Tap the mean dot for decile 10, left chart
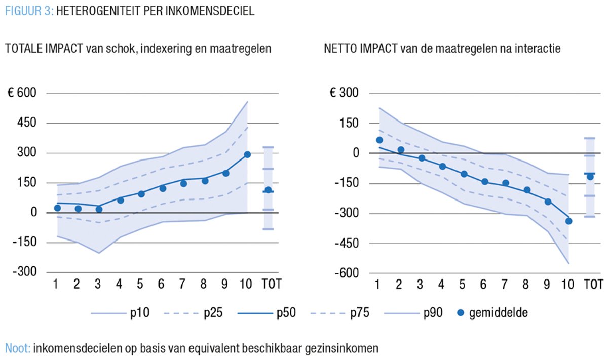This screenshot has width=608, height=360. click(247, 154)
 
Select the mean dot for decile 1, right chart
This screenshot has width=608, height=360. click(379, 140)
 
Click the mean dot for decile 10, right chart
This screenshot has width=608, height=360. click(568, 221)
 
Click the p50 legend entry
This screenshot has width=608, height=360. click(285, 313)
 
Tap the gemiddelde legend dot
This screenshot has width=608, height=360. click(459, 313)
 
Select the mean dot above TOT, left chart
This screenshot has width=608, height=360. click(268, 190)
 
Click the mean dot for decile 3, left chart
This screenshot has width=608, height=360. click(99, 209)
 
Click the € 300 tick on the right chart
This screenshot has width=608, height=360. click(345, 94)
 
